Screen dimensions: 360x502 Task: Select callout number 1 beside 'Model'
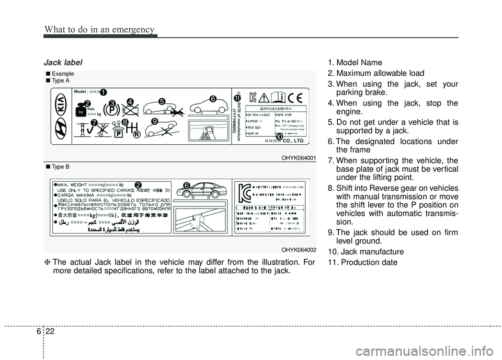pyautogui.click(x=104, y=92)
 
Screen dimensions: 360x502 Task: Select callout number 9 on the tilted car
pyautogui.click(x=154, y=121)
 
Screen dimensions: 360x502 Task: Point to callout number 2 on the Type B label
pyautogui.click(x=138, y=184)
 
